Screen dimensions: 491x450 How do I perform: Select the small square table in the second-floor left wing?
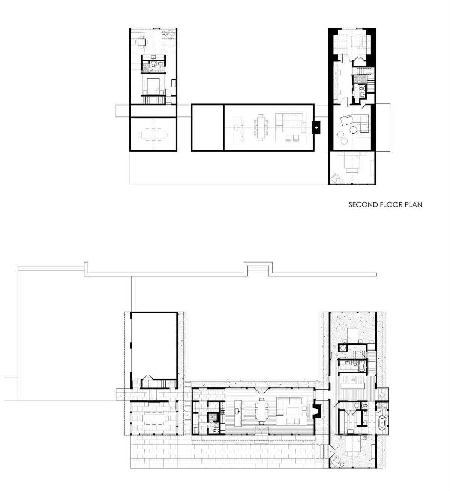[x=141, y=41]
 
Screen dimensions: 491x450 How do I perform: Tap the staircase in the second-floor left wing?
[x=153, y=100]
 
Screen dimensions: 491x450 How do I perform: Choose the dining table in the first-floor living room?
[x=261, y=412]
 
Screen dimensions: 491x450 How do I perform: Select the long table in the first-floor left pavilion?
[x=153, y=418]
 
